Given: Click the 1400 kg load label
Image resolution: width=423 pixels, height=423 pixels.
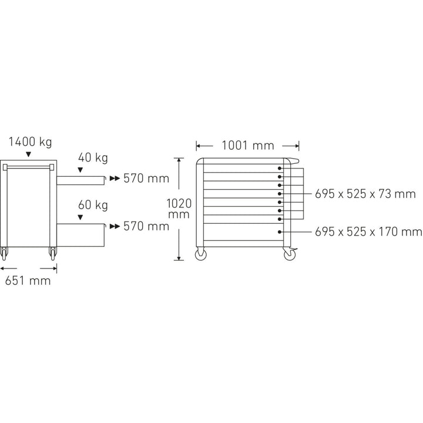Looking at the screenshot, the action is tap(30, 142).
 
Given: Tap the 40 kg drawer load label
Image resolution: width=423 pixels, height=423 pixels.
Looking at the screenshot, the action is tap(93, 158).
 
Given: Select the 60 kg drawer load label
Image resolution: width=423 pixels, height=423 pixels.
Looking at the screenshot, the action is tap(93, 205).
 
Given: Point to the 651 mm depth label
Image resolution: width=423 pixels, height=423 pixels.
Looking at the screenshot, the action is tap(28, 281).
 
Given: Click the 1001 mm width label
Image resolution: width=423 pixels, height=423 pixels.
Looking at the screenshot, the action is tap(248, 146).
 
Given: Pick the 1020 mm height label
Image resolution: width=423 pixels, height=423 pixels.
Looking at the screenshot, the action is tap(179, 209).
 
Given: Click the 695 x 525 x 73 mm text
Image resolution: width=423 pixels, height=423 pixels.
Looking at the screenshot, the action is tap(365, 194).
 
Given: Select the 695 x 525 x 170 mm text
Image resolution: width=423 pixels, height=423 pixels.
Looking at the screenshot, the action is tap(368, 231).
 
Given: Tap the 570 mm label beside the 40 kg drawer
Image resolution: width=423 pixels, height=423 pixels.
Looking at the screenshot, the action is tap(146, 179).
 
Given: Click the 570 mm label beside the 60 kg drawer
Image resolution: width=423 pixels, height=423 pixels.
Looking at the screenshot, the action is tap(146, 226).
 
